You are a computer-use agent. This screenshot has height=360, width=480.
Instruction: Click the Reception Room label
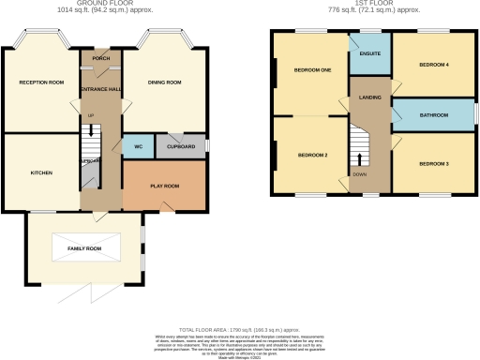coord(41,83)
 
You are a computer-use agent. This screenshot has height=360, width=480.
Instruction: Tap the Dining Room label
coord(165,83)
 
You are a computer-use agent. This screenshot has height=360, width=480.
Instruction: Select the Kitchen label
coord(40,173)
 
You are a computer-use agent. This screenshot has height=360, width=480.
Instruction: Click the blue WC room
coord(137,147)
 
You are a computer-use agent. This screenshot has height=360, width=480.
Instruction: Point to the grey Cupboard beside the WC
coord(181,147)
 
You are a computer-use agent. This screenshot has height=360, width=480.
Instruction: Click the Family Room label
coord(83,248)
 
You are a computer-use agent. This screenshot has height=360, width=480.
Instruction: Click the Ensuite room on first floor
coord(369,54)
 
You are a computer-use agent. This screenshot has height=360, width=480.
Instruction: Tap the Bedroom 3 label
coord(433,164)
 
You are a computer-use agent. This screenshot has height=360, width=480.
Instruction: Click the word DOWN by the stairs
coord(359,174)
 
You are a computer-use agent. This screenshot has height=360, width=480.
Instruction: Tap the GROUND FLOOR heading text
coord(102,4)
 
